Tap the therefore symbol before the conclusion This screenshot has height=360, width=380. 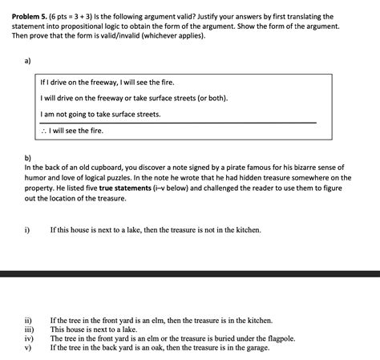tap(43, 130)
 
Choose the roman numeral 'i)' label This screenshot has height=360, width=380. tap(27, 229)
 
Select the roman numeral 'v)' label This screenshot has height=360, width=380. tap(28, 348)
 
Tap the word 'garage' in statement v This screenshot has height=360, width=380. tap(253, 348)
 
